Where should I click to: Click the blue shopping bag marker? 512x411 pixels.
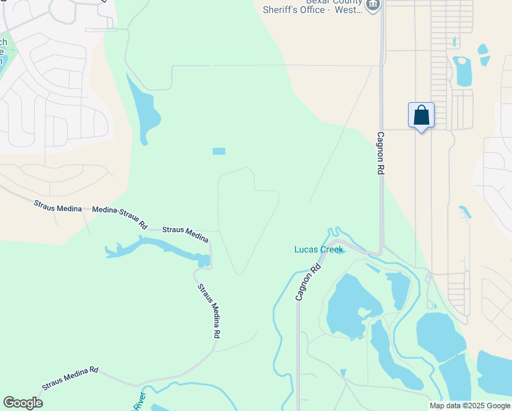coord(421,115)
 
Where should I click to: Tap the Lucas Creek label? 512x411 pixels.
coord(318,249)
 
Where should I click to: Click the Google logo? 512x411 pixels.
coord(23,403)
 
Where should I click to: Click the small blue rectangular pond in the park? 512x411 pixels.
coord(219,151)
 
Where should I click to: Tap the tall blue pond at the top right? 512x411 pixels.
coord(463,71)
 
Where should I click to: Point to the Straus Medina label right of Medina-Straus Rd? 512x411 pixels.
coord(185,233)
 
